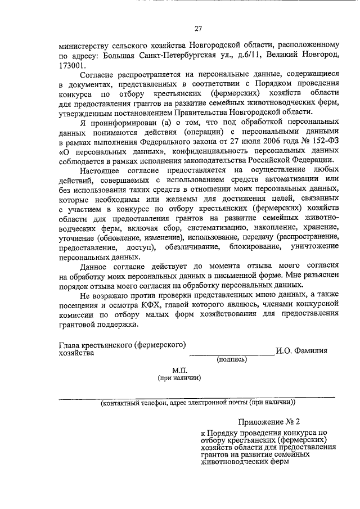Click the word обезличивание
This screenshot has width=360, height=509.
click(193, 246)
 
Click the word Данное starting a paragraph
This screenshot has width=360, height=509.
click(96, 266)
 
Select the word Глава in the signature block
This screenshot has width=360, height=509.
click(70, 344)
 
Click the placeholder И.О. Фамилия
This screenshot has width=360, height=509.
click(301, 352)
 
